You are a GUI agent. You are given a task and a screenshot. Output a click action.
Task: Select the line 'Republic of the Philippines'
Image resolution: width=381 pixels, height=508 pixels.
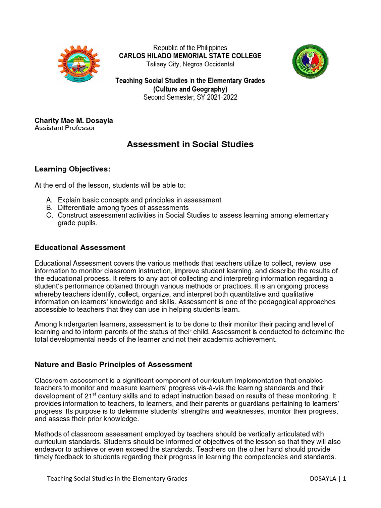190,48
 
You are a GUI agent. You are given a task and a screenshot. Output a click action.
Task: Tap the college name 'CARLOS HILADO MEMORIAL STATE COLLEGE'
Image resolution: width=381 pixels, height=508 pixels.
190,56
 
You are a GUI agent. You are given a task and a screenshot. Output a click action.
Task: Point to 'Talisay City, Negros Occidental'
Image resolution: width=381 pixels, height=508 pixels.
190,64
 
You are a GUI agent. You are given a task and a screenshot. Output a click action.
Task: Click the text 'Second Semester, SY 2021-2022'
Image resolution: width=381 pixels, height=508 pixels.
190,97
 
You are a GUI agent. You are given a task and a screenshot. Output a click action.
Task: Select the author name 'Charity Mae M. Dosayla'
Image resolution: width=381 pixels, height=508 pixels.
73,120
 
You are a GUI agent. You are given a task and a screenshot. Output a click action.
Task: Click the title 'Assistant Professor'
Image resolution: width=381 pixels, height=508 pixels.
64,128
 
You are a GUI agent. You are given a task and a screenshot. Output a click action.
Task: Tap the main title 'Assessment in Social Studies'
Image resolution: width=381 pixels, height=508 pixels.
190,144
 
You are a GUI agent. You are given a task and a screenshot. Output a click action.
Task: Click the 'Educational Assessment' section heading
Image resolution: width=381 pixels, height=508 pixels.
79,247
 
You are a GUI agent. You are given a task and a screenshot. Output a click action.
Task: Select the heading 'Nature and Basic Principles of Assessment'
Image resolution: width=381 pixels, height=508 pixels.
113,364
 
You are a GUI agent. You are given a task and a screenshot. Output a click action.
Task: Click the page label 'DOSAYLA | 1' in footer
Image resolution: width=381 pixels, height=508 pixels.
327,479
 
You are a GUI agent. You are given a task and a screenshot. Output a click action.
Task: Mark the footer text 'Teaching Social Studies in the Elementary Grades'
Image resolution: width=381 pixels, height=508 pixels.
117,479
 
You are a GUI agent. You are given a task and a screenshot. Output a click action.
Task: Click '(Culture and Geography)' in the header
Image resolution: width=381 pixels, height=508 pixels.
190,89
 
